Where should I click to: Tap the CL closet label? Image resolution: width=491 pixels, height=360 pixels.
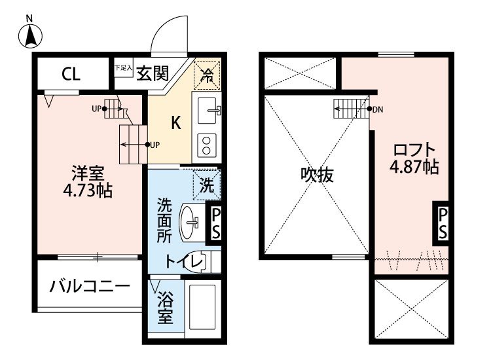(x=71, y=74)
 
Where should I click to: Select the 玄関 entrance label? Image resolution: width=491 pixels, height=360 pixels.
(x=153, y=73)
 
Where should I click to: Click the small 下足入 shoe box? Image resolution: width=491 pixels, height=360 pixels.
(x=123, y=67)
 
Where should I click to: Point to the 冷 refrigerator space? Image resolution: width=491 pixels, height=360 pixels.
(x=207, y=75)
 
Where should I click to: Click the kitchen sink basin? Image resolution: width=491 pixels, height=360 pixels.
(x=207, y=110)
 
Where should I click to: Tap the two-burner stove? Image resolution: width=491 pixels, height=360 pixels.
(x=207, y=145)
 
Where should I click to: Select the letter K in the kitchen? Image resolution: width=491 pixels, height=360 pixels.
(x=176, y=122)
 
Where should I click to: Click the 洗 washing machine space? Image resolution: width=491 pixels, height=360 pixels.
(x=207, y=185)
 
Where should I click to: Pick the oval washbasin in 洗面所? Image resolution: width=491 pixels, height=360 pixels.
(x=189, y=222)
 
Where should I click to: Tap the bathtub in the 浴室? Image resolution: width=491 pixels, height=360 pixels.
(x=202, y=307)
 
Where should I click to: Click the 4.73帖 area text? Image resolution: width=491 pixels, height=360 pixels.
(x=88, y=190)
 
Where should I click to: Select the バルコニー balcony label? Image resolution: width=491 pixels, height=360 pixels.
(x=90, y=287)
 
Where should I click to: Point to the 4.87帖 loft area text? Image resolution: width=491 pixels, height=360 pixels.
(x=414, y=166)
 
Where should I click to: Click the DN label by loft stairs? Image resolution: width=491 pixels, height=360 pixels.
(x=378, y=109)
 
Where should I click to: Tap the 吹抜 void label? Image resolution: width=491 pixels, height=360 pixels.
(x=317, y=175)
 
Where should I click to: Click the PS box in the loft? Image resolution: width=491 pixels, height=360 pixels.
(x=442, y=223)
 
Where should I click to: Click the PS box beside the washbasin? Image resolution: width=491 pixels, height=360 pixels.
(x=215, y=223)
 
